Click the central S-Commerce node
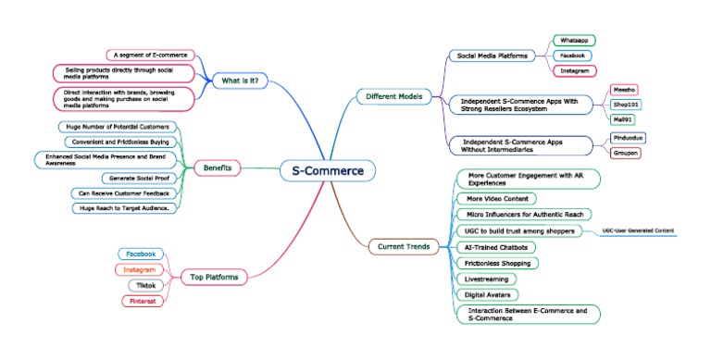click(x=328, y=170)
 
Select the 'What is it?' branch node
click(x=241, y=81)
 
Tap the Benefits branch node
click(x=218, y=168)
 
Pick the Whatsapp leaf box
click(x=574, y=41)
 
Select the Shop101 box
click(x=627, y=105)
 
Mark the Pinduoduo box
click(x=630, y=137)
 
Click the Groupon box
click(x=627, y=153)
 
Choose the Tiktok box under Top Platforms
click(x=141, y=285)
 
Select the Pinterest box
click(x=141, y=301)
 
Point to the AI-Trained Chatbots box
click(x=494, y=247)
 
